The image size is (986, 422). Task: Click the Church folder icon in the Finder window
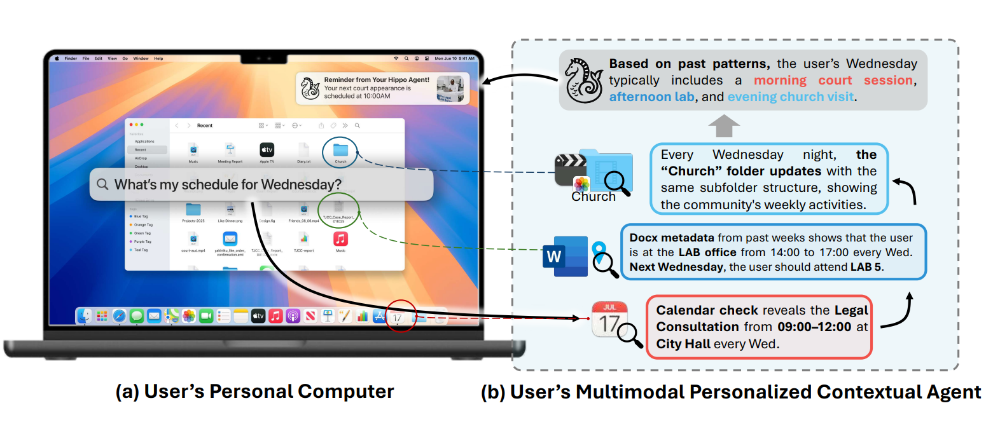pos(340,150)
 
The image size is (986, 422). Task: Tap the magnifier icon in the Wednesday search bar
pos(102,185)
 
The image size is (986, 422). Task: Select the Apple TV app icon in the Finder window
pos(267,150)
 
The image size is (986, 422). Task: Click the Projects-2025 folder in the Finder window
pos(193,209)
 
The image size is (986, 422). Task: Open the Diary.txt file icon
pos(303,150)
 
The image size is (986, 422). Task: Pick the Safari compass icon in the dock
pos(119,316)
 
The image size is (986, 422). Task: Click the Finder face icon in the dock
pos(85,316)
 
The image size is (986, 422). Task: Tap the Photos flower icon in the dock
pos(188,316)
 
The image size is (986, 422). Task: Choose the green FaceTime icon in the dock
pos(205,316)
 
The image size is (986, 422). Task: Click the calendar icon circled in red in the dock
pos(398,316)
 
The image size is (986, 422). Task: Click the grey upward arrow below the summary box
pos(724,125)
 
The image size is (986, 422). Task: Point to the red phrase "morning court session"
pos(834,81)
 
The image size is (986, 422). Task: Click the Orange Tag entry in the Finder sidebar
pos(142,225)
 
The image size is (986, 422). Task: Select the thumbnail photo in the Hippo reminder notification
pos(450,88)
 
